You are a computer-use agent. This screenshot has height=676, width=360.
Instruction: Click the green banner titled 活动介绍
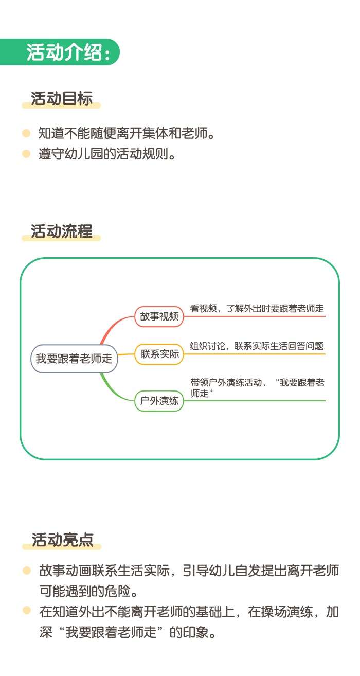click(60, 52)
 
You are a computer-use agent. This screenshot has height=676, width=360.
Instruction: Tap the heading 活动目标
click(61, 99)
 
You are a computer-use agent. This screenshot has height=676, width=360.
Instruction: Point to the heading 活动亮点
click(62, 540)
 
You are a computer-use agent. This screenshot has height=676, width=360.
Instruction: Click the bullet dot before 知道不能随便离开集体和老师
click(26, 133)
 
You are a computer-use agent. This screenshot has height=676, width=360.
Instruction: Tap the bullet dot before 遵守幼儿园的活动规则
click(26, 154)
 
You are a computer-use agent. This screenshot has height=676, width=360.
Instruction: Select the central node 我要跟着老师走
click(74, 359)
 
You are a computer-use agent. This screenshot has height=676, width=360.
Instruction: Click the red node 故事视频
click(159, 316)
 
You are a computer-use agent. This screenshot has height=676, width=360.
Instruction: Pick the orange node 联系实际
click(159, 354)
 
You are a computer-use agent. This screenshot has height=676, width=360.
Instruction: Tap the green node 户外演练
click(159, 401)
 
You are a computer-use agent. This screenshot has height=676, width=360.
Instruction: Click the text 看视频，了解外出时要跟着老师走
click(257, 309)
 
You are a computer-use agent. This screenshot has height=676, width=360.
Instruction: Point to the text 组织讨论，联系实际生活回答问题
click(257, 346)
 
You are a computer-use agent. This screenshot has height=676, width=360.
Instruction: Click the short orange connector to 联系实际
click(126, 354)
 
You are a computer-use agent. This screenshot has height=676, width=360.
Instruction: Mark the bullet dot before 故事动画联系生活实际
click(27, 571)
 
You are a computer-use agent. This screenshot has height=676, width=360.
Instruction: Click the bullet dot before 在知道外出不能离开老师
click(27, 610)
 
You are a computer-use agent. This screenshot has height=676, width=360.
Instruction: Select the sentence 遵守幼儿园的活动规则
click(107, 154)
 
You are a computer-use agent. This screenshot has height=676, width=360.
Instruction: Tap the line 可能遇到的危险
click(88, 591)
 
